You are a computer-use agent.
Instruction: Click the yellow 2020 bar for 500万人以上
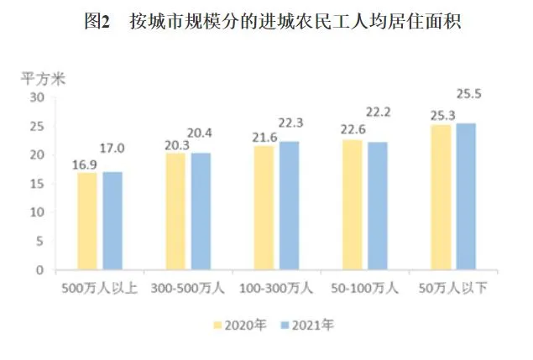pos(88,222)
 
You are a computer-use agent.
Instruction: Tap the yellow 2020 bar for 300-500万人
pos(175,211)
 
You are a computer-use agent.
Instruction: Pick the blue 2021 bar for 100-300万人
pos(289,206)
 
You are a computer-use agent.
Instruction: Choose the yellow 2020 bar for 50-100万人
pos(353,205)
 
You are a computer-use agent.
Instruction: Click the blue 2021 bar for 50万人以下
pos(465,196)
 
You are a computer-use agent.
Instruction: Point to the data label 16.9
pos(86,163)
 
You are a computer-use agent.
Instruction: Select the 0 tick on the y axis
pos(39,270)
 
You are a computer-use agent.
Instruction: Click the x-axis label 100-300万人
pos(278,289)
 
